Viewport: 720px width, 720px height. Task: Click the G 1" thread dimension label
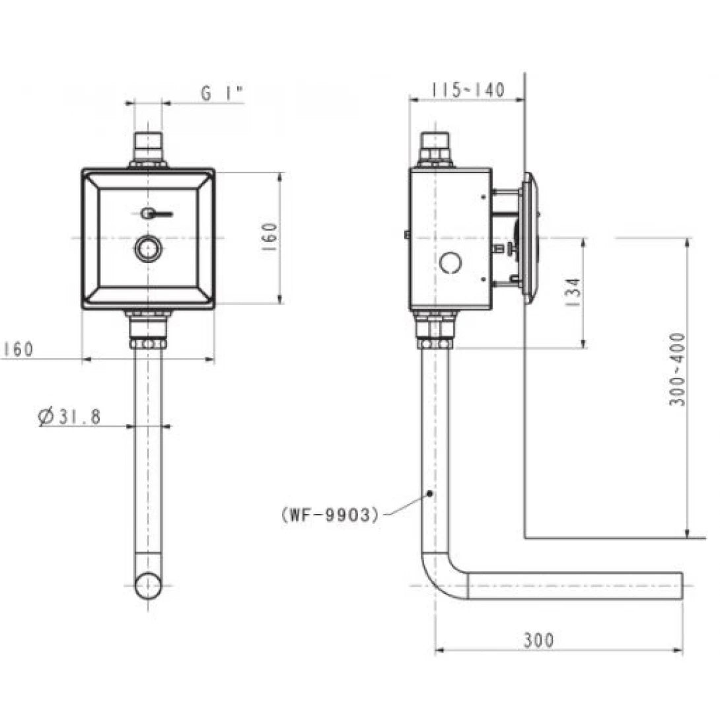click(222, 94)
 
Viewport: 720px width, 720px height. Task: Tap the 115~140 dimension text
click(468, 89)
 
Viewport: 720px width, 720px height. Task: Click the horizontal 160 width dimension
click(18, 349)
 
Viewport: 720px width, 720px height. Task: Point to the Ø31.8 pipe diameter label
click(69, 417)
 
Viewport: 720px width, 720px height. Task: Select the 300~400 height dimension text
click(678, 369)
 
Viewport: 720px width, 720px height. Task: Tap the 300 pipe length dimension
click(539, 639)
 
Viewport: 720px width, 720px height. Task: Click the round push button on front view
click(149, 249)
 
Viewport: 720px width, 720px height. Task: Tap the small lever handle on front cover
click(156, 213)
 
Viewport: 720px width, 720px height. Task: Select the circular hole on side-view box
click(450, 263)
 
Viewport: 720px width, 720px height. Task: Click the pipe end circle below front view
click(148, 585)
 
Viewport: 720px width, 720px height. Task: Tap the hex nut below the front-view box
click(148, 343)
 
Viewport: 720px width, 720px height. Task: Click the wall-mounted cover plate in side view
click(530, 238)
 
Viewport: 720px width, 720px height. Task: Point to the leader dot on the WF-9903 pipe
click(430, 493)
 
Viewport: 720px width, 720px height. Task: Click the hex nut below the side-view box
click(435, 343)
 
